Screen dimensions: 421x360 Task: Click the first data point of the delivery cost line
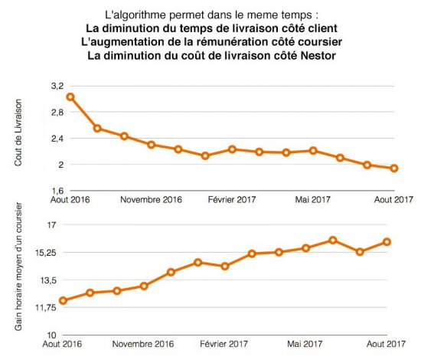[x=70, y=97]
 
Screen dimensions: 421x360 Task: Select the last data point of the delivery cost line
[x=394, y=169]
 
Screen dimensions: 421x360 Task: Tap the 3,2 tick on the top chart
[x=57, y=87]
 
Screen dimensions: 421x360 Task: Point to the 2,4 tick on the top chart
[x=57, y=139]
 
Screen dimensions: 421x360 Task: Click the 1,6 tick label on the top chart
[x=57, y=191]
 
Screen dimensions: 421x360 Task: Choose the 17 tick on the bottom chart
[x=52, y=224]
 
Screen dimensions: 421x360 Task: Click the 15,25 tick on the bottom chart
[x=46, y=253]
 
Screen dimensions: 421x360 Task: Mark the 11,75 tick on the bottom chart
[x=46, y=307]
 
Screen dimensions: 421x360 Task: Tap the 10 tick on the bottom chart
[x=52, y=335]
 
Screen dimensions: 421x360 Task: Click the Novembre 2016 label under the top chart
[x=151, y=200]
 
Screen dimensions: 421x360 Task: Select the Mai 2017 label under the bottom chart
[x=305, y=344]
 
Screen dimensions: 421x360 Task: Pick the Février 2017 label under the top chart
[x=232, y=200]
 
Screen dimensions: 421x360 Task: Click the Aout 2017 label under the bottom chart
[x=386, y=344]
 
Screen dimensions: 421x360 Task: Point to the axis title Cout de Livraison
[x=18, y=133]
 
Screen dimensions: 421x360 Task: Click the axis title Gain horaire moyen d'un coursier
[x=18, y=267]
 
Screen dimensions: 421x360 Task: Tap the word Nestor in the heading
[x=318, y=56]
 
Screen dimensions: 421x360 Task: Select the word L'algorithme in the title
[x=135, y=15]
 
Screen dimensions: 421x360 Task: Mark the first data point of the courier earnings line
[x=63, y=300]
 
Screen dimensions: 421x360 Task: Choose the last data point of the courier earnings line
[x=387, y=242]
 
